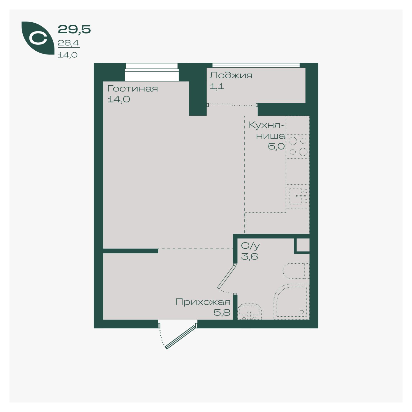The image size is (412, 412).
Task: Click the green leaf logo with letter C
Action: tap(38, 38)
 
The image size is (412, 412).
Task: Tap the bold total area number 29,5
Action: tap(74, 29)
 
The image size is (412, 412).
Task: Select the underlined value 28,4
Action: tap(68, 43)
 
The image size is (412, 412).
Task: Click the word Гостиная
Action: tap(132, 89)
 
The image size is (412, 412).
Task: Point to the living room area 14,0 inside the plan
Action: tap(119, 99)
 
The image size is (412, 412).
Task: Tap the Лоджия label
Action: tap(231, 76)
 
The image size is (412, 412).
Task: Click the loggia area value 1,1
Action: tap(217, 86)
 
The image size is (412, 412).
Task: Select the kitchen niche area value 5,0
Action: tap(276, 147)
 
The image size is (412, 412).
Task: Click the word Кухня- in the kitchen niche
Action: tap(267, 125)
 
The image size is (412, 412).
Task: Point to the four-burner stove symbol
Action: tap(298, 147)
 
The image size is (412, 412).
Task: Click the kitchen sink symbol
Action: tap(298, 196)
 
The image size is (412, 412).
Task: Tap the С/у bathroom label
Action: tap(250, 246)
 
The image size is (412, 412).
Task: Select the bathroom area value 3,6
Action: tap(250, 256)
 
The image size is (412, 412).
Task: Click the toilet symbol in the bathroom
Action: tap(296, 271)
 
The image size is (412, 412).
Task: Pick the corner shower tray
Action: tap(291, 301)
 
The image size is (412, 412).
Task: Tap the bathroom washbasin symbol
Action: tap(250, 312)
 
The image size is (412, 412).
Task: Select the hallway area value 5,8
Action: tap(222, 313)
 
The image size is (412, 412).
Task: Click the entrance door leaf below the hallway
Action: tap(180, 337)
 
